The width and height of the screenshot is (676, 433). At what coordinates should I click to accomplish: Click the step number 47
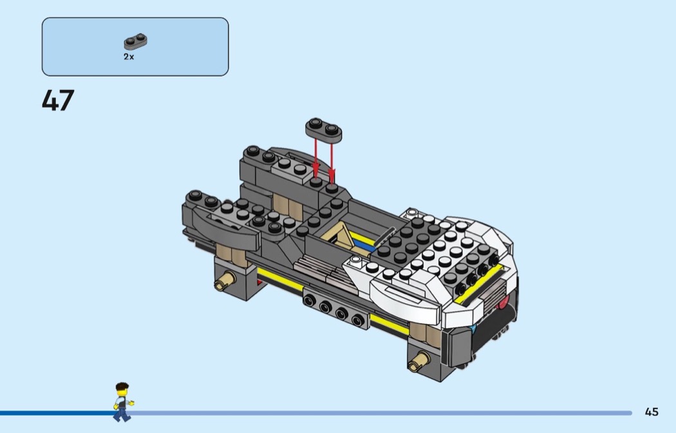click(58, 100)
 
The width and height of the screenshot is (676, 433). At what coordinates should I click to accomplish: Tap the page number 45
click(652, 412)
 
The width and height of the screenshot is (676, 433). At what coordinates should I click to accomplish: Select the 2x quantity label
click(129, 57)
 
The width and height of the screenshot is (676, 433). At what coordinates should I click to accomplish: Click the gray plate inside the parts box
click(135, 41)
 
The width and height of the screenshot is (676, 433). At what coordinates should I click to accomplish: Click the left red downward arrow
click(315, 158)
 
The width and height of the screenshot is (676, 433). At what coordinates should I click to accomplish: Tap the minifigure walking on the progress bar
click(122, 402)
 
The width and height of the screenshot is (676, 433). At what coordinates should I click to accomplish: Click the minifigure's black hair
click(122, 386)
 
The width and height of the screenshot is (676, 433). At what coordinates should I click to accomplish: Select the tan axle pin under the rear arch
click(225, 281)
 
